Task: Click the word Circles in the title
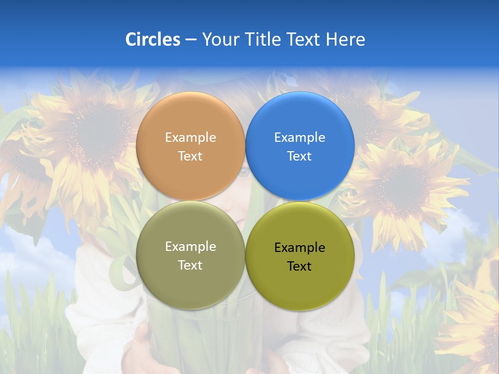[153, 39]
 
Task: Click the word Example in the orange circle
[190, 138]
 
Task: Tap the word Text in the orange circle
[190, 156]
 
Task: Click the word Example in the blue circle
[299, 138]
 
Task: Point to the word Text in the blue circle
[299, 156]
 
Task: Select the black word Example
[299, 248]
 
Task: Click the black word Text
[299, 266]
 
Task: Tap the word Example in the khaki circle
[190, 247]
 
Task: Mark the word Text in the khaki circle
[190, 265]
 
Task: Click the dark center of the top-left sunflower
[99, 132]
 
